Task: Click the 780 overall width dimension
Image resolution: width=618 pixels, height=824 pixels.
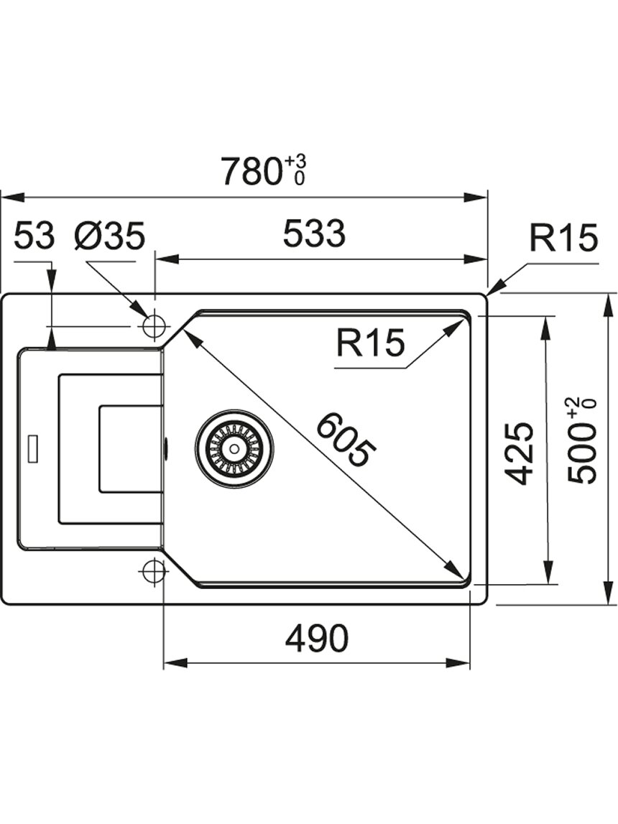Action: tap(249, 171)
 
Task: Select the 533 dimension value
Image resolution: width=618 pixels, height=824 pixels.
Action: tap(314, 234)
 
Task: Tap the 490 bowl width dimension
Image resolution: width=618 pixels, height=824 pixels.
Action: tap(316, 639)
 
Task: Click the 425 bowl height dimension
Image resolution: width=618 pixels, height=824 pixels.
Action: tap(520, 453)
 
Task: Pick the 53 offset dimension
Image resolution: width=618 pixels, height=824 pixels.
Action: tap(34, 235)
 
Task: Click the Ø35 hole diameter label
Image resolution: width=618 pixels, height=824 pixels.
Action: tap(109, 235)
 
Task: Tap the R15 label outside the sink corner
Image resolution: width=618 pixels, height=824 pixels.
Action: tap(563, 238)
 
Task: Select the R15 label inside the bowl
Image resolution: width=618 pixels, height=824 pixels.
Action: tap(371, 343)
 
